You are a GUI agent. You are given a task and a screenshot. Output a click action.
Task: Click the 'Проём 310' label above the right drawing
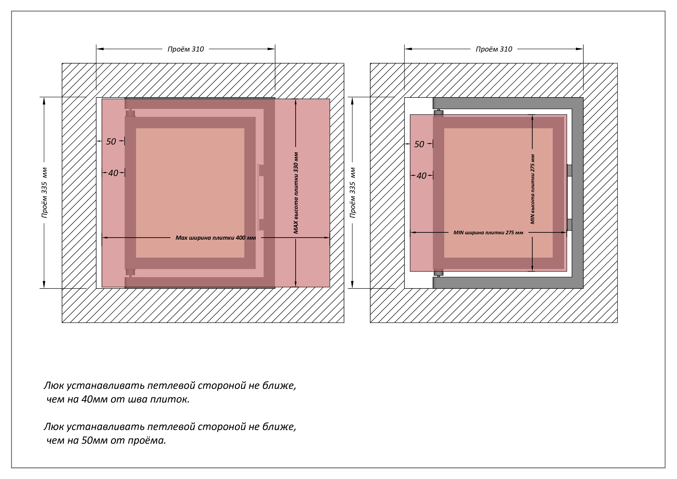[494, 49]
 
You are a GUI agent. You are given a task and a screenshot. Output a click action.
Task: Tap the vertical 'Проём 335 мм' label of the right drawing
[353, 193]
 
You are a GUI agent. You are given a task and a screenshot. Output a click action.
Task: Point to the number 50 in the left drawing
[111, 142]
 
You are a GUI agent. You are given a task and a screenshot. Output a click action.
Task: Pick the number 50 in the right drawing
[419, 144]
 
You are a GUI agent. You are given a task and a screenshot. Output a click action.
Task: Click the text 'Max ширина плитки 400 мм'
[216, 238]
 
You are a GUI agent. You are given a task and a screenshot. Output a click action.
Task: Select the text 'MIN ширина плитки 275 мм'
[488, 233]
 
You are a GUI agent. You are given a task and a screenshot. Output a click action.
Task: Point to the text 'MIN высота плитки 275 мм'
[532, 189]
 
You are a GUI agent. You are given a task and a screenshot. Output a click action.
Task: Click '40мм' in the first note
[94, 399]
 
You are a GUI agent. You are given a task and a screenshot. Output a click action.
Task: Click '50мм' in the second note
[94, 440]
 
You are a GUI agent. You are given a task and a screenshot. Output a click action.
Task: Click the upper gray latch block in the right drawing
[569, 171]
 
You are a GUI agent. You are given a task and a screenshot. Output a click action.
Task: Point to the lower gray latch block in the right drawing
[569, 225]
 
